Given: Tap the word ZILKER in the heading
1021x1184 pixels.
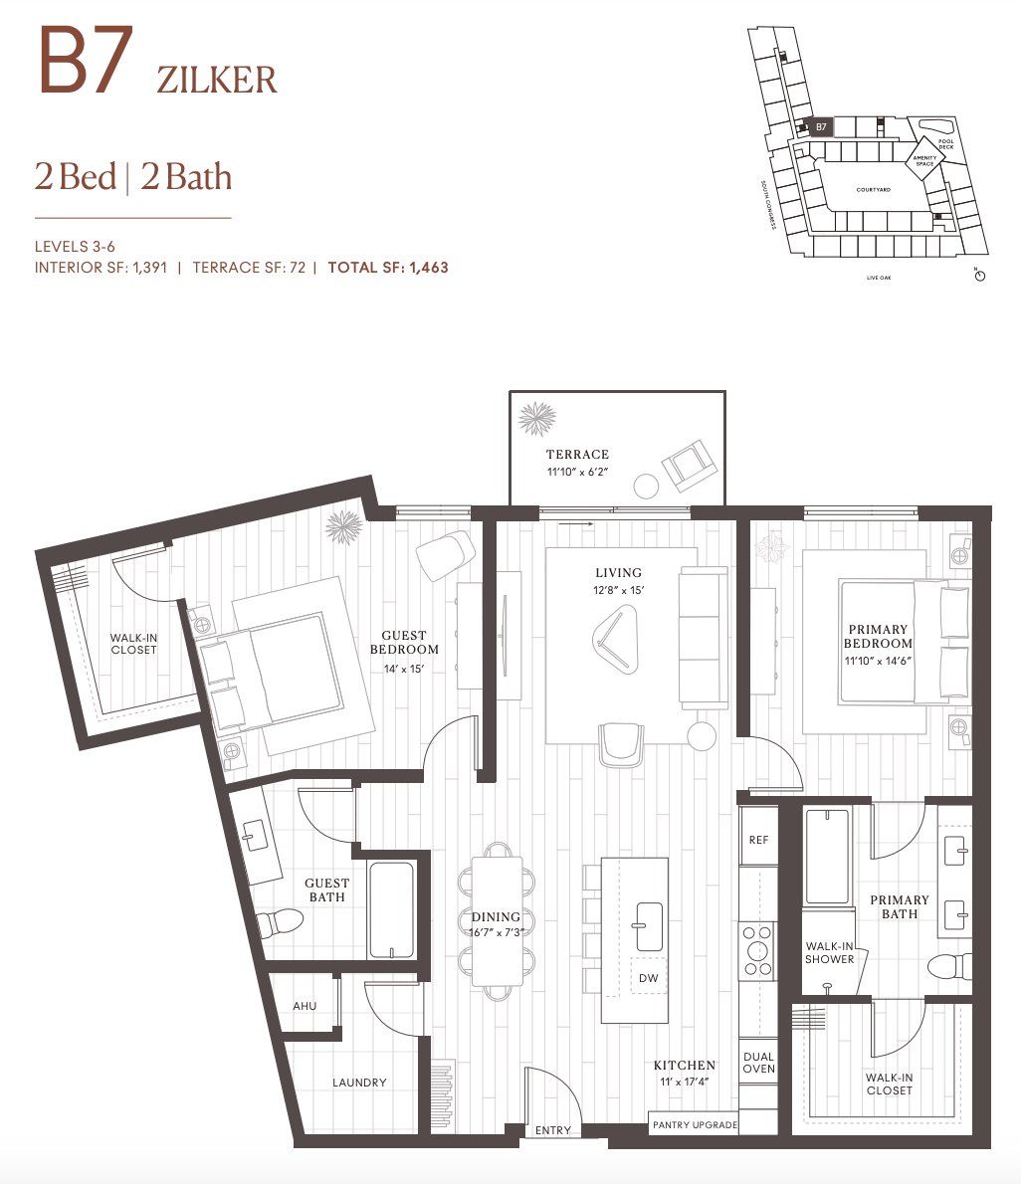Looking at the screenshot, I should point(216,80).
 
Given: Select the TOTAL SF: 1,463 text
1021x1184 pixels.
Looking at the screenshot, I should point(388,267).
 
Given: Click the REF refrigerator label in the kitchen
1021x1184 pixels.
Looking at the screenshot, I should point(758,840).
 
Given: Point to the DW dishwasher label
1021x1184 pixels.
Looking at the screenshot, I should point(648,978).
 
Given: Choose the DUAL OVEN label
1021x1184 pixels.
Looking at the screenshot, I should point(758,1063).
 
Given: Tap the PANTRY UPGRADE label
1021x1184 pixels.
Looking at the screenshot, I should point(696,1124).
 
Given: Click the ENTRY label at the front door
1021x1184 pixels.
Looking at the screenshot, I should point(553,1130).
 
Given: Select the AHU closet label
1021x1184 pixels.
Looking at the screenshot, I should point(305,1006).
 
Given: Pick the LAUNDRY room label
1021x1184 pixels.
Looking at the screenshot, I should point(359,1083).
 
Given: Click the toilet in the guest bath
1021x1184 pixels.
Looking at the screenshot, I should point(280,923).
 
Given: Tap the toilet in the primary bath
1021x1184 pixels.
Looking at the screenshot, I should point(950,965).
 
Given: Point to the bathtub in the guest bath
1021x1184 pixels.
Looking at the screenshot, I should point(391,909).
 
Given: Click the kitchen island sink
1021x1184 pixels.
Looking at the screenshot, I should point(648,926).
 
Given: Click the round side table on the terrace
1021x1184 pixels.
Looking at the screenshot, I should point(647,487).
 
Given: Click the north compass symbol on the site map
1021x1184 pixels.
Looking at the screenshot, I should point(979,275).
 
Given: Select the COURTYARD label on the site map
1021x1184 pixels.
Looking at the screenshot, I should point(873,189).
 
